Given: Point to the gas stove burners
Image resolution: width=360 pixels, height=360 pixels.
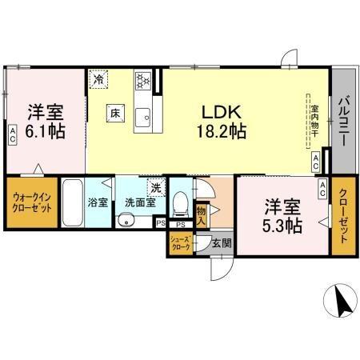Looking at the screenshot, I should [x=144, y=80].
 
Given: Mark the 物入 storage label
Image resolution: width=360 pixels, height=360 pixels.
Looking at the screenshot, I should [x=201, y=211].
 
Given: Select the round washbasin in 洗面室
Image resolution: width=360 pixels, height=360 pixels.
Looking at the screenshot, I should [x=126, y=221].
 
